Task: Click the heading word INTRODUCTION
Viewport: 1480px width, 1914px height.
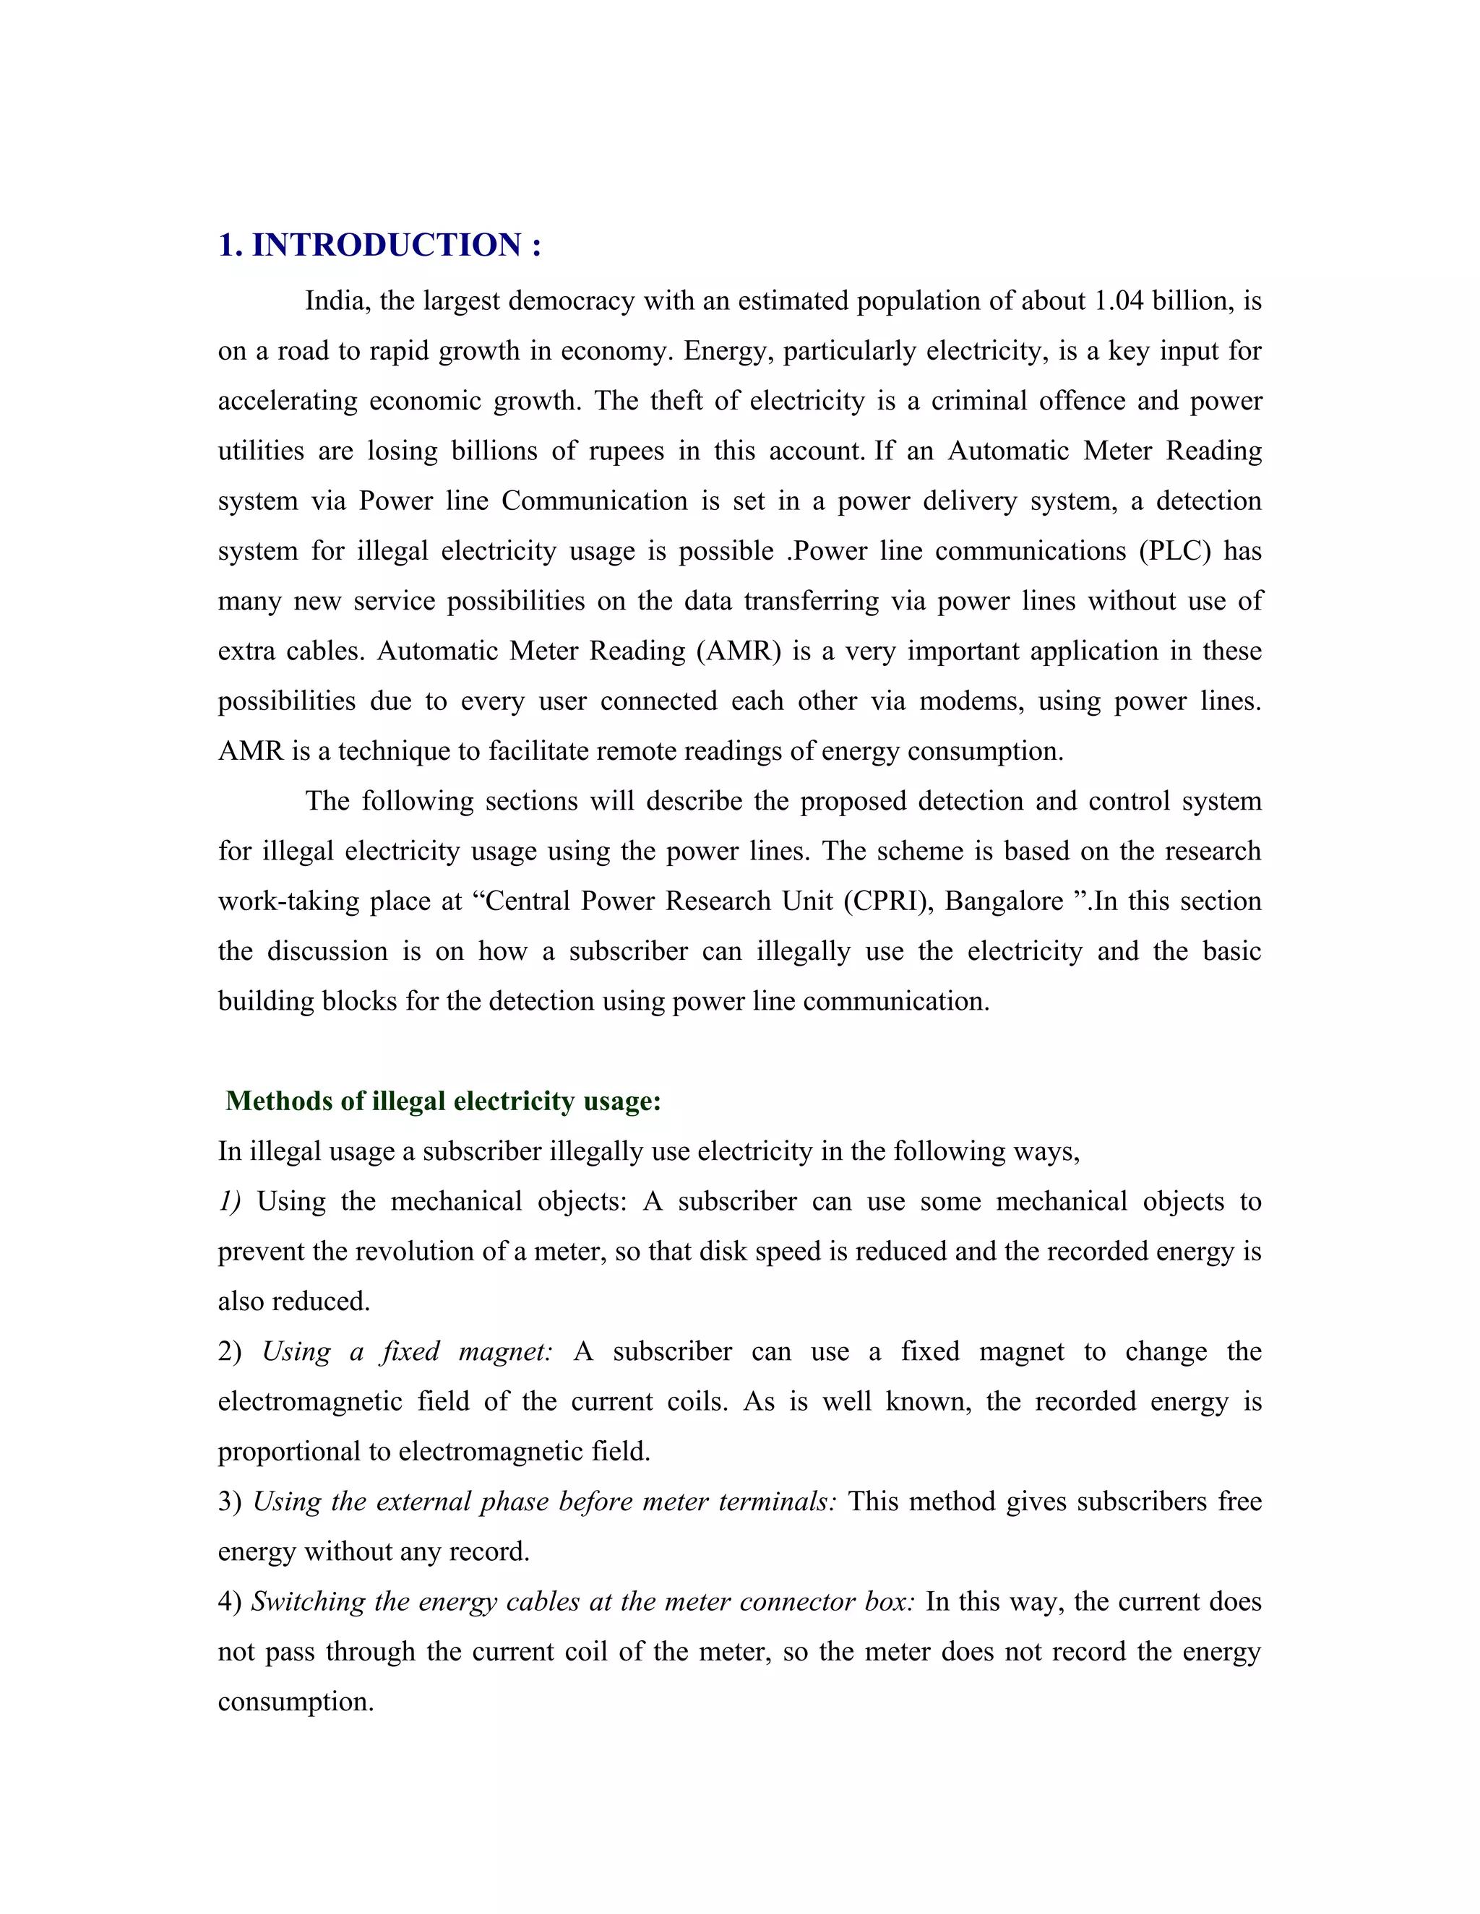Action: [x=387, y=246]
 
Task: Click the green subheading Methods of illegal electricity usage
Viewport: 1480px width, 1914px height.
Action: [x=443, y=1101]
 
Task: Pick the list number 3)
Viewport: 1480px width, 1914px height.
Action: [x=230, y=1502]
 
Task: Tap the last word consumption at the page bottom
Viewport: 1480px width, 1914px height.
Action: [x=296, y=1702]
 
